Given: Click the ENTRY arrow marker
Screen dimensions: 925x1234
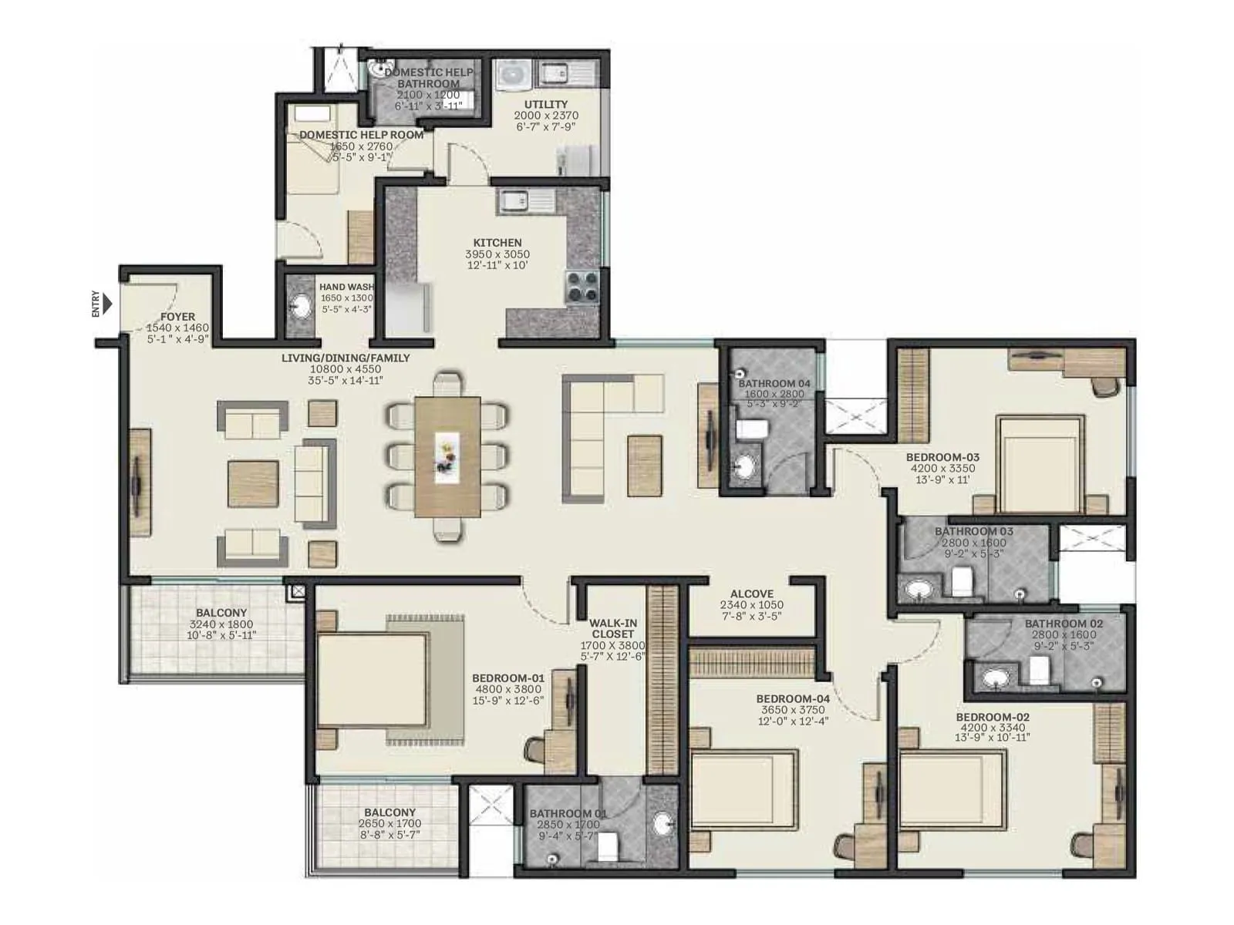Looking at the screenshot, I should (107, 304).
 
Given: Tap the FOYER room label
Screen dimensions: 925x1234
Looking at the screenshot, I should (177, 317).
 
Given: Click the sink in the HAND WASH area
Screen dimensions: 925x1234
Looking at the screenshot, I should (299, 307).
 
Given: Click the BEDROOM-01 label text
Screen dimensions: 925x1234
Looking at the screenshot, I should (507, 678).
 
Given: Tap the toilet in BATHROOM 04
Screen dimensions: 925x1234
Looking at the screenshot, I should (750, 429).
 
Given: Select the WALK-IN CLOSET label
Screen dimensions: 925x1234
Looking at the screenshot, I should (612, 628).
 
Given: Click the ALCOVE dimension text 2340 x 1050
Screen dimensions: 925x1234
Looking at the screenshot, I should (751, 605).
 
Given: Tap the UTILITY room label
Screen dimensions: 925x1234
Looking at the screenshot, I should (546, 104).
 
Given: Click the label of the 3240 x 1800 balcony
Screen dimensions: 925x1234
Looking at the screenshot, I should (221, 614).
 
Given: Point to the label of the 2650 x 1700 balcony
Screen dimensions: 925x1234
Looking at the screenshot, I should (389, 812).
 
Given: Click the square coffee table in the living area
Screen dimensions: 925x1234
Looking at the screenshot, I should (252, 484).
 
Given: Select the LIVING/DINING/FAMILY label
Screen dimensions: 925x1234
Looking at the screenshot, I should (346, 358).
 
